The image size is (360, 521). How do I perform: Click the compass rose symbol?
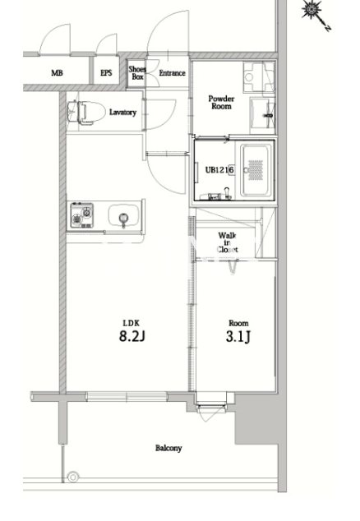(x=312, y=10)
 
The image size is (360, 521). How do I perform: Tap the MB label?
(x=57, y=73)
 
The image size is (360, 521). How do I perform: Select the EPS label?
(x=106, y=73)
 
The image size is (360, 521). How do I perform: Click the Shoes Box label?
(x=137, y=73)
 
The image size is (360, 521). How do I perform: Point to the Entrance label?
(x=172, y=73)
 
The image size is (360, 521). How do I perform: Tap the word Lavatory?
(x=122, y=113)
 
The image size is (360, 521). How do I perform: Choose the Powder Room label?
(x=221, y=103)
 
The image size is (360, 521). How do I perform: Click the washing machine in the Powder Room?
(x=259, y=77)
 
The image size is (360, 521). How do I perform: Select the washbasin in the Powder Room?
(x=262, y=113)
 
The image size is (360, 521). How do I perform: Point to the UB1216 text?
(x=219, y=170)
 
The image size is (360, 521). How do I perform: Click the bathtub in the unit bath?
(x=255, y=170)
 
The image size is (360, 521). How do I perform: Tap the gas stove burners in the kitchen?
(x=81, y=215)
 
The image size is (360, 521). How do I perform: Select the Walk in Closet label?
(x=228, y=242)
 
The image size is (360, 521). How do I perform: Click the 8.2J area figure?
(x=132, y=337)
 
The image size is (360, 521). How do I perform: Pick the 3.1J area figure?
(x=238, y=337)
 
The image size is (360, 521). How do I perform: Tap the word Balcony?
(x=168, y=448)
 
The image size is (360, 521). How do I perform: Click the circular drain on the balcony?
(x=73, y=477)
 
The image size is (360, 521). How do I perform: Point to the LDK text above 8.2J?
(x=132, y=323)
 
